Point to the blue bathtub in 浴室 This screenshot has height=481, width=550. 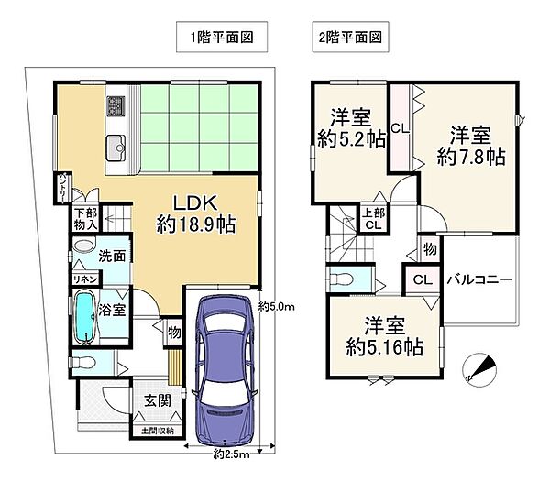click(86, 316)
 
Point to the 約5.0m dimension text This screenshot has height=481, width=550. click(275, 306)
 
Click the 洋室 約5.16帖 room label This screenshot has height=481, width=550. click(385, 337)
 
